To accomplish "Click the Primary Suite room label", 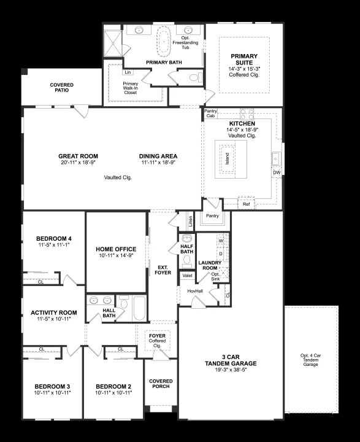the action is tap(244, 59).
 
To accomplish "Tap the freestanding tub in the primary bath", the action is tap(164, 40).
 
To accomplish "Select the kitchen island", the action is tap(231, 159).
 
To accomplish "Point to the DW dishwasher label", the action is tap(277, 173).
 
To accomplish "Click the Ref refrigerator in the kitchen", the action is tap(246, 203).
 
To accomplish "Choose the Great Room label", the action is tap(78, 156).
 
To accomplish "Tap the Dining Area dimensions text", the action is tap(158, 162).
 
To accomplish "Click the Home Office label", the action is tap(116, 249).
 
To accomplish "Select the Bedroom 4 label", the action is tap(54, 238).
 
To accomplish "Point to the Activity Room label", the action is tap(54, 312).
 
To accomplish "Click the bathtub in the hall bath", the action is tap(139, 308).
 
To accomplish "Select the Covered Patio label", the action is tap(62, 87).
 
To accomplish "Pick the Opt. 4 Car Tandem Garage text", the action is tap(310, 360).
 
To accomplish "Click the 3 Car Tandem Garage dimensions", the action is tap(231, 370).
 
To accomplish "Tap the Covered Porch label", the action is tap(161, 384).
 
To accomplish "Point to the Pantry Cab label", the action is tap(210, 114).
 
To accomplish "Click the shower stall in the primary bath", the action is tap(113, 43).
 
